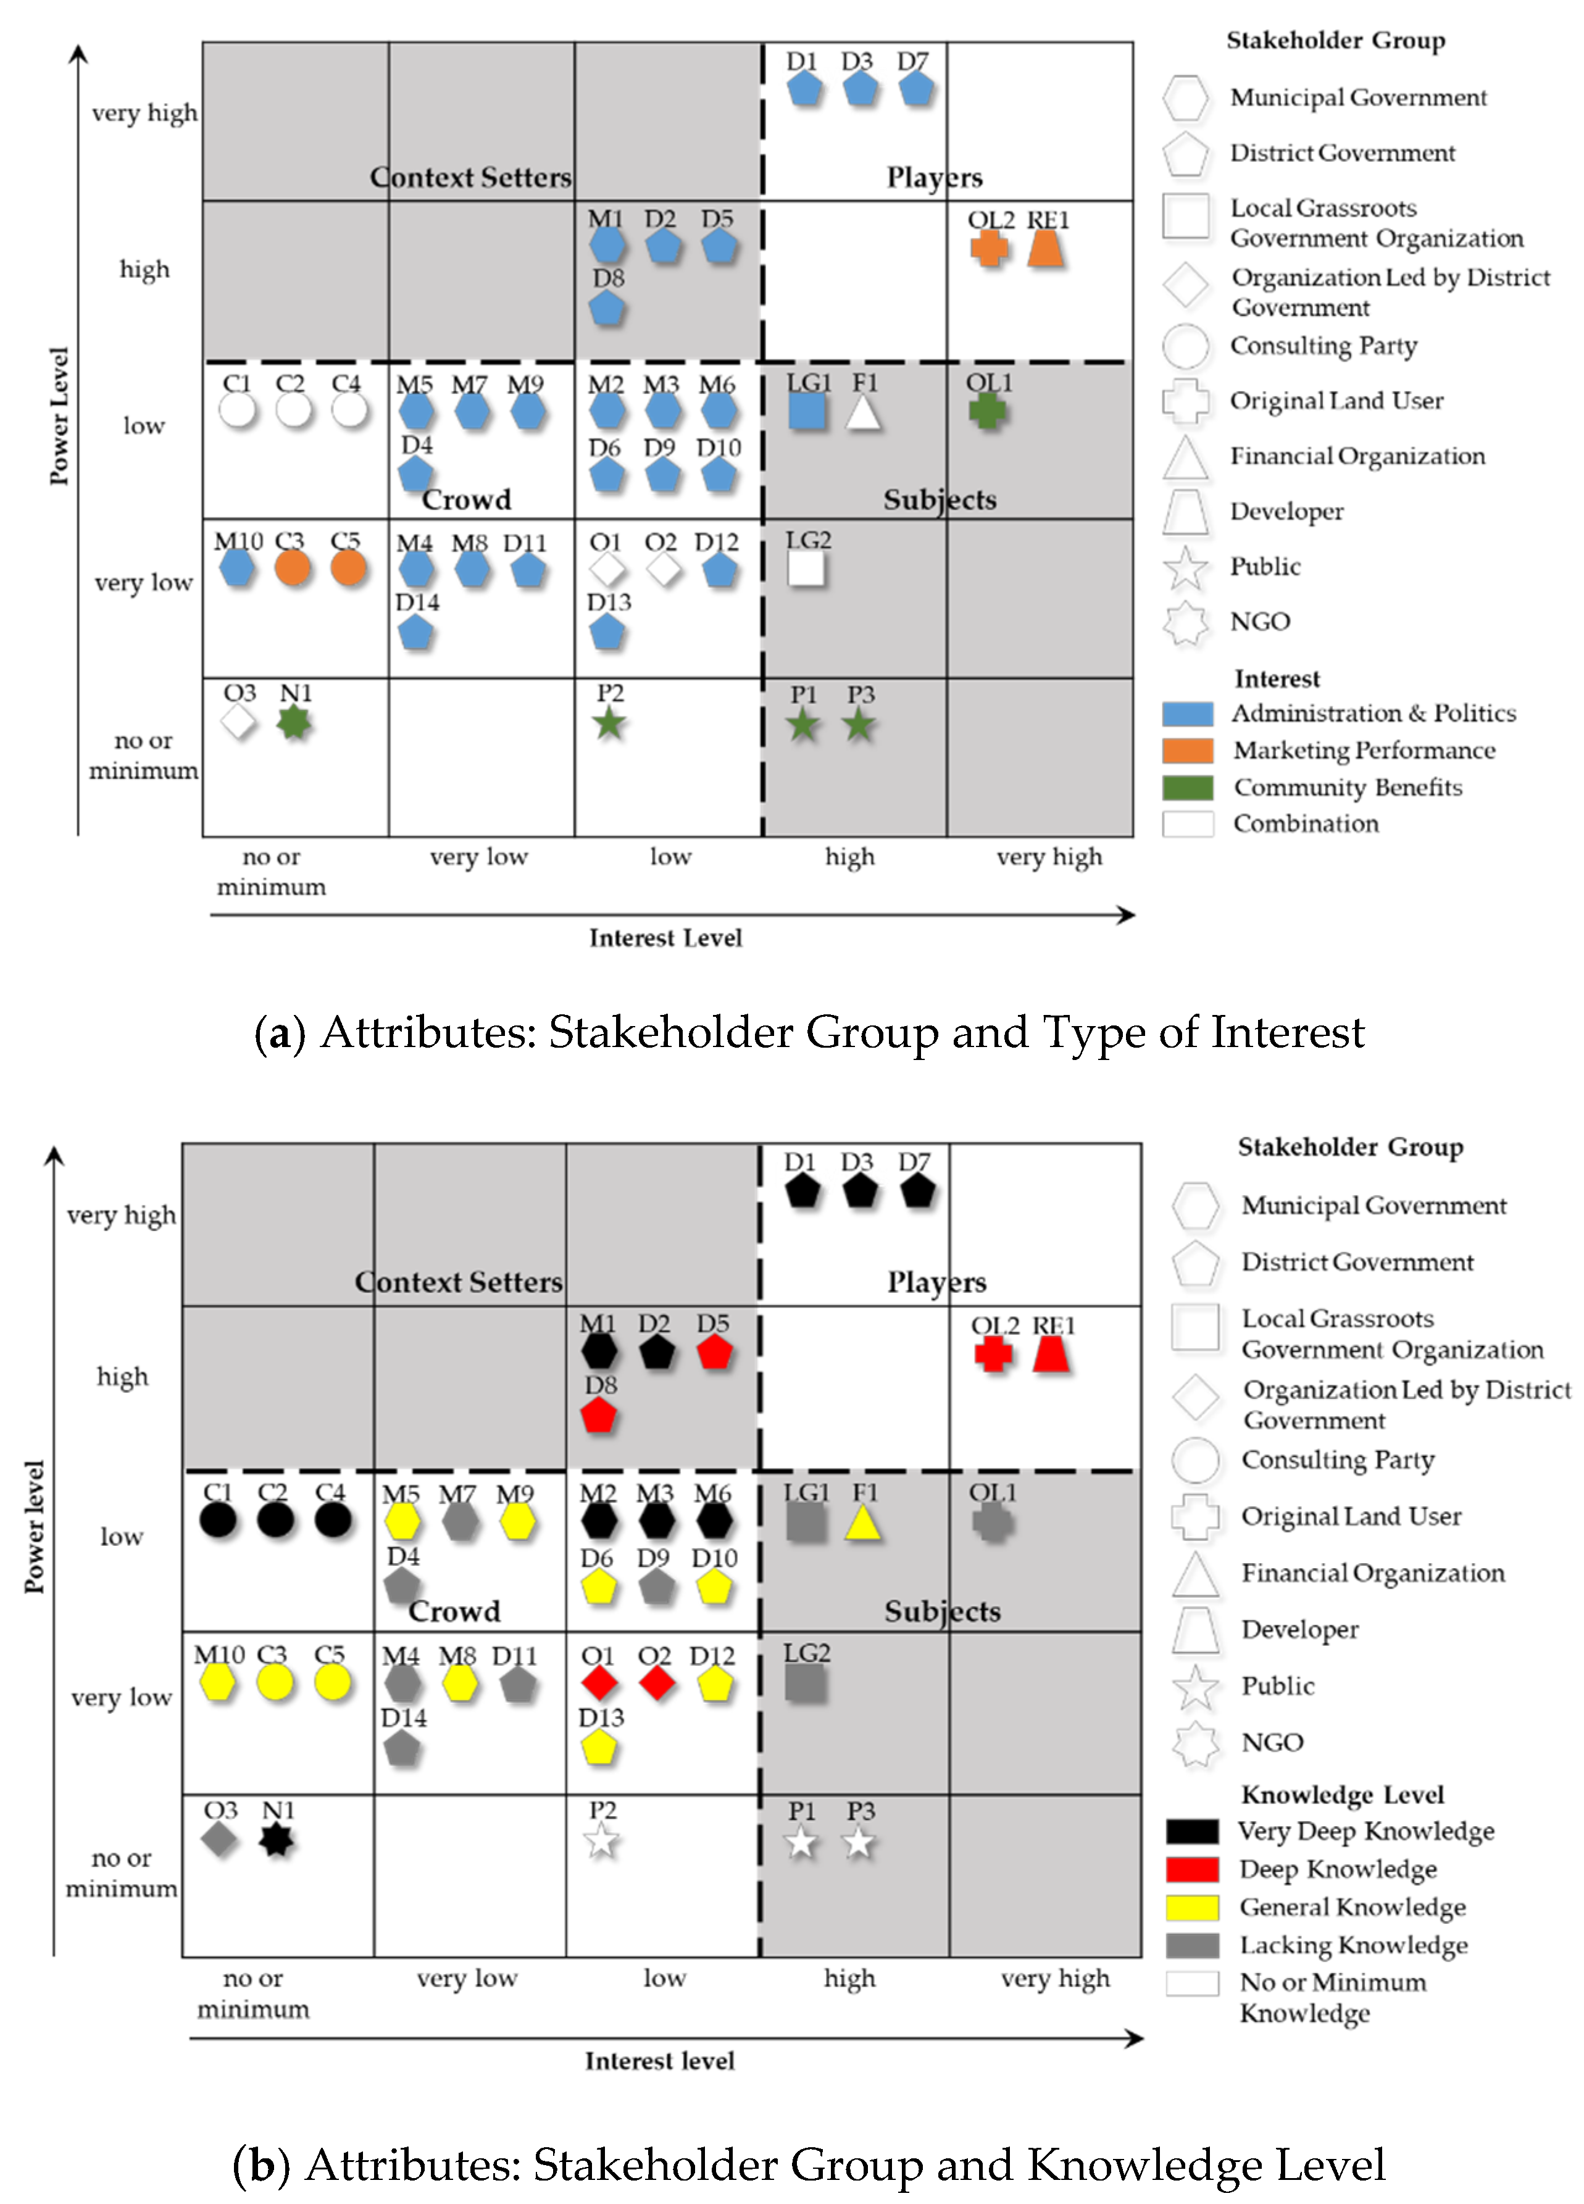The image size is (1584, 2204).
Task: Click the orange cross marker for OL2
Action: click(x=990, y=249)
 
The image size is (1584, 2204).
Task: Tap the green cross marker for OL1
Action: click(x=987, y=412)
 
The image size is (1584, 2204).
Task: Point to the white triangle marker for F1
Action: click(x=863, y=413)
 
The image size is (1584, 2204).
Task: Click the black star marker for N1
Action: click(x=277, y=1840)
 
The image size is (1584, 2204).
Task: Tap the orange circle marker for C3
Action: click(x=291, y=567)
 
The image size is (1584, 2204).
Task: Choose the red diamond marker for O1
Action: click(x=599, y=1683)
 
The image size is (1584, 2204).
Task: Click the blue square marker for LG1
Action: click(x=807, y=412)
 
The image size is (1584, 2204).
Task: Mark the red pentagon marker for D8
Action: click(x=599, y=1415)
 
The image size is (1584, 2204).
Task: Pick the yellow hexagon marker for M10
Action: click(x=218, y=1682)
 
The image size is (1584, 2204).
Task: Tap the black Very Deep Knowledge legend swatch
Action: click(x=1193, y=1831)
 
